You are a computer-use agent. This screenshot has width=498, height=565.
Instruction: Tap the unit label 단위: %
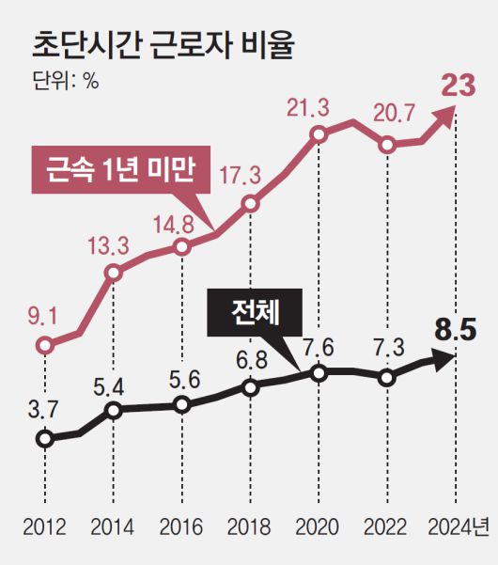click(65, 81)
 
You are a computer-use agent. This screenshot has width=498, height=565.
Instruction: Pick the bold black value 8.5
click(456, 329)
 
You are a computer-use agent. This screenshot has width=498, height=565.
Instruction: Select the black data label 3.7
click(43, 408)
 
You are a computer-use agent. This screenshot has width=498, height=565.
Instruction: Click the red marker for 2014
click(113, 274)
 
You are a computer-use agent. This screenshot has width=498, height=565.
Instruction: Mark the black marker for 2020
click(319, 373)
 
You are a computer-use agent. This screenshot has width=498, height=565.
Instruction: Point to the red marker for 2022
click(387, 145)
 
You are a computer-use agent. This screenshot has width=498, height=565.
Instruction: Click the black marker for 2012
click(44, 438)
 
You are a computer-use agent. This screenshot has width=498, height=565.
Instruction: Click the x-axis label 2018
click(249, 525)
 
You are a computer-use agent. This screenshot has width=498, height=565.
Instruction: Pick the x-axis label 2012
click(44, 525)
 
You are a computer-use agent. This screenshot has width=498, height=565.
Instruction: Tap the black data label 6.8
click(250, 358)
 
